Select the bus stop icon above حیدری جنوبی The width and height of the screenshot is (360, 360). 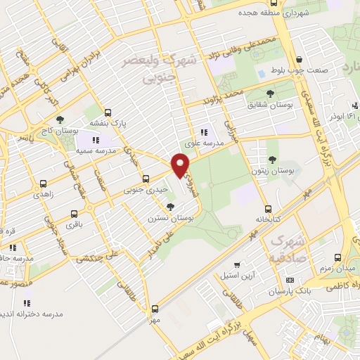[146, 179]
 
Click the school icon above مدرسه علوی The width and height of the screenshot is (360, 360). [204, 131]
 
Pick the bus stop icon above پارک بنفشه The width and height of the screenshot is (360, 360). [107, 112]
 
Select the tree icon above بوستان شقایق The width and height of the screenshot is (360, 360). [271, 93]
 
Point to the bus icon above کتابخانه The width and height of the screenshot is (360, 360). [267, 209]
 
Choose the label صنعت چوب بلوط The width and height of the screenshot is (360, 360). [299, 71]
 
